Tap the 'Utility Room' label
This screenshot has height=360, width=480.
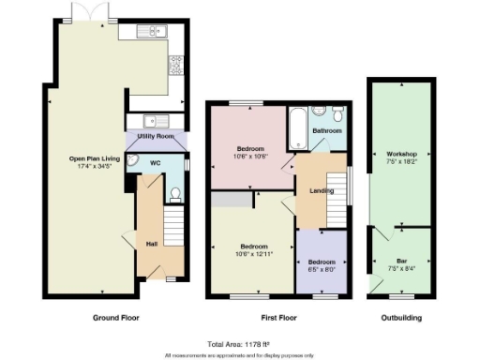click(x=156, y=137)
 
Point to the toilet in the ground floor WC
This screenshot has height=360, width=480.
click(x=175, y=195)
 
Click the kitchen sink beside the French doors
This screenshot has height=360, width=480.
click(x=151, y=33)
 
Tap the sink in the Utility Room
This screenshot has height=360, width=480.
click(x=154, y=120)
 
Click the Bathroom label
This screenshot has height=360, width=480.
click(x=327, y=131)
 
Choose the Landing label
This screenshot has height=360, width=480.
click(x=309, y=192)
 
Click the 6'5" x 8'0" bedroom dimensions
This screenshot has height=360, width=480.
click(x=320, y=269)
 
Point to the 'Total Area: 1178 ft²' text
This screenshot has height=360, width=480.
click(x=240, y=343)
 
